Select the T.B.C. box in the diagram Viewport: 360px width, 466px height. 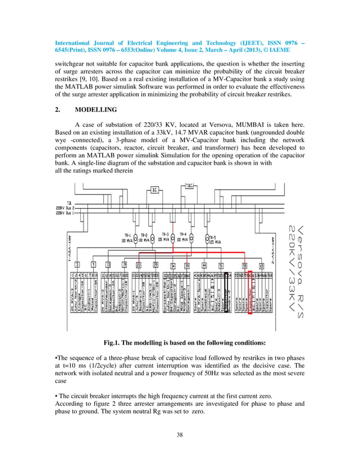click(190, 186)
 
